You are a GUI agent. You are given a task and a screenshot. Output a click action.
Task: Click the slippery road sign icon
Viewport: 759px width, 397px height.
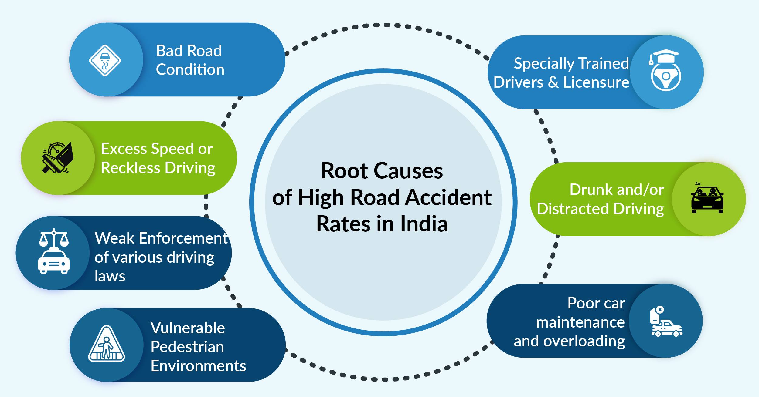[105, 60]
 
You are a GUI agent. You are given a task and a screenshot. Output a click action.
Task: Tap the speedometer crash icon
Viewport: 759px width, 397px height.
[58, 158]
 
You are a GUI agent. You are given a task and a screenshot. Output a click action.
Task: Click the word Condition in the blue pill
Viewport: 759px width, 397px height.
[190, 70]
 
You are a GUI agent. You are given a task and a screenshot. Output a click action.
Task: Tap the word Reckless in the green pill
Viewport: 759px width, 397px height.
[130, 168]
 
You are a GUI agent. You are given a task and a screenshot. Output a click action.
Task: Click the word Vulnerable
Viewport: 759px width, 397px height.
[188, 328]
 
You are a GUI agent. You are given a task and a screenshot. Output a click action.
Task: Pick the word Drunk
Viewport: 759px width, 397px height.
[591, 190]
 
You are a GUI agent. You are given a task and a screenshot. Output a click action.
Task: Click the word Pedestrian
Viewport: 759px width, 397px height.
[187, 347]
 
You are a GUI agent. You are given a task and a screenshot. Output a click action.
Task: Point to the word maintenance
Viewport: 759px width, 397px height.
[580, 322]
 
